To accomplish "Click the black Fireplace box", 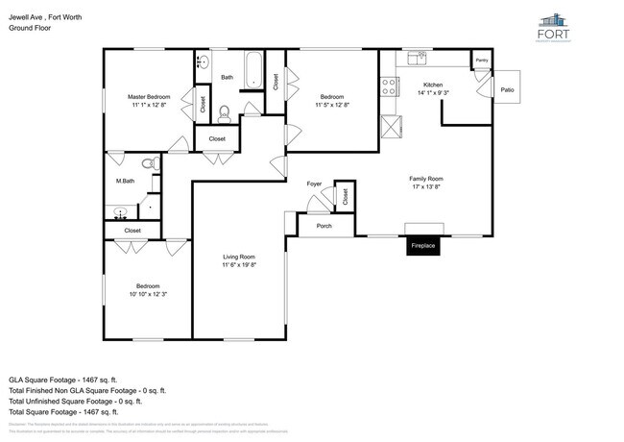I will point(423,246).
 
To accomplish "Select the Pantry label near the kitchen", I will point(481,60).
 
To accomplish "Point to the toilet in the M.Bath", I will point(149,164).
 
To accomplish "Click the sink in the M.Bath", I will point(120,212).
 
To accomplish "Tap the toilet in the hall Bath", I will point(225,113).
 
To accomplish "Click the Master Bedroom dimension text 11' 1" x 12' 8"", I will point(149,105).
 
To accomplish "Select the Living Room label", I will point(239,257).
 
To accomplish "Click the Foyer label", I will point(314,183).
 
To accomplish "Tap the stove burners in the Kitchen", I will point(390,87).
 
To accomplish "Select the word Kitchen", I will point(432,85).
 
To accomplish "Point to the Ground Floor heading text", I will point(30,28).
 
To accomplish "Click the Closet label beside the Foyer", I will point(344,198).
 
